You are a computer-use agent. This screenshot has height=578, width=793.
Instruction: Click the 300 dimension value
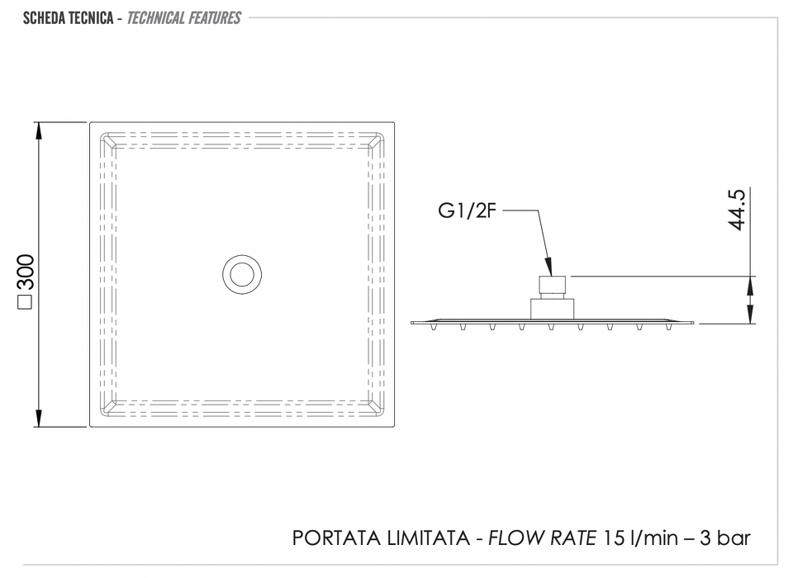click(26, 272)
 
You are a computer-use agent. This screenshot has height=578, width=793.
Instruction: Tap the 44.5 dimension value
click(737, 210)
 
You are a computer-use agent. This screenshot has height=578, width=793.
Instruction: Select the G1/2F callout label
click(467, 211)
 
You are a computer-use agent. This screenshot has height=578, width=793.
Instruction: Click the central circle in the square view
click(242, 274)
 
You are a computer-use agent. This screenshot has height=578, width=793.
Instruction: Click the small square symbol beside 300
click(25, 302)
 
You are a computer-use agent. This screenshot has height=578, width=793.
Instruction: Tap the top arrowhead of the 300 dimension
click(39, 131)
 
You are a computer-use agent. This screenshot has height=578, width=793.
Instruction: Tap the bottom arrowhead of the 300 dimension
click(39, 418)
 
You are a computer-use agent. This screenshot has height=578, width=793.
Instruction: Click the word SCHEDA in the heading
click(44, 18)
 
